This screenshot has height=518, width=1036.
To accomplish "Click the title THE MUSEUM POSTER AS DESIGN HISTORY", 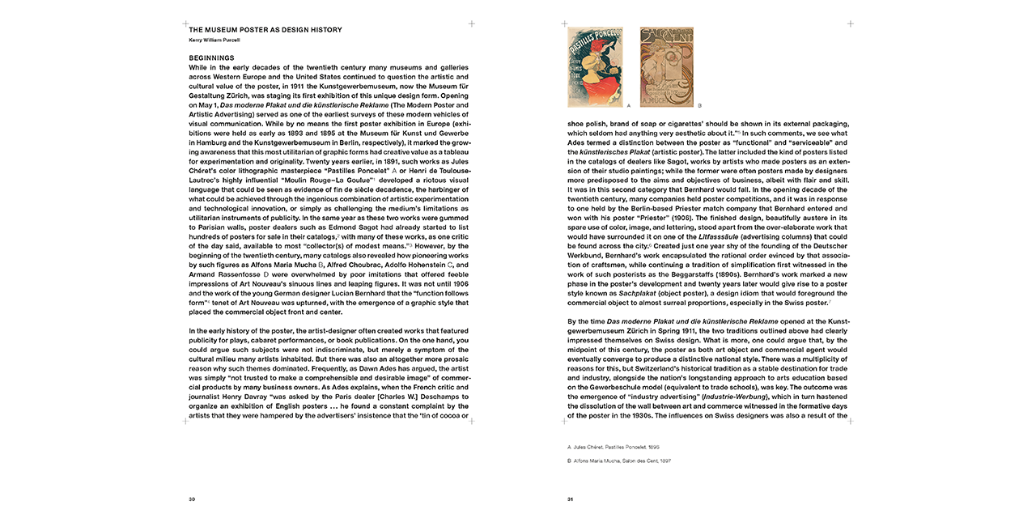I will click(x=265, y=30).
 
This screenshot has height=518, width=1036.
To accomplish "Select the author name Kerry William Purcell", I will click(x=216, y=39).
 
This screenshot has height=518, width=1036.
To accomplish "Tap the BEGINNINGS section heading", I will click(x=211, y=58).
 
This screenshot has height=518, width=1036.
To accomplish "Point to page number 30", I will click(x=192, y=499).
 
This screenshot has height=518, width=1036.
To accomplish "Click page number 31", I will click(x=571, y=499).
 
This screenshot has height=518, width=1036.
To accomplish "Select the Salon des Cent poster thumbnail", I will click(x=667, y=67).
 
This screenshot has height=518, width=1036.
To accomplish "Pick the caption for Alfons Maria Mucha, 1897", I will click(x=620, y=461).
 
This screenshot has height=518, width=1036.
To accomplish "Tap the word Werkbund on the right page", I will click(x=587, y=255).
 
